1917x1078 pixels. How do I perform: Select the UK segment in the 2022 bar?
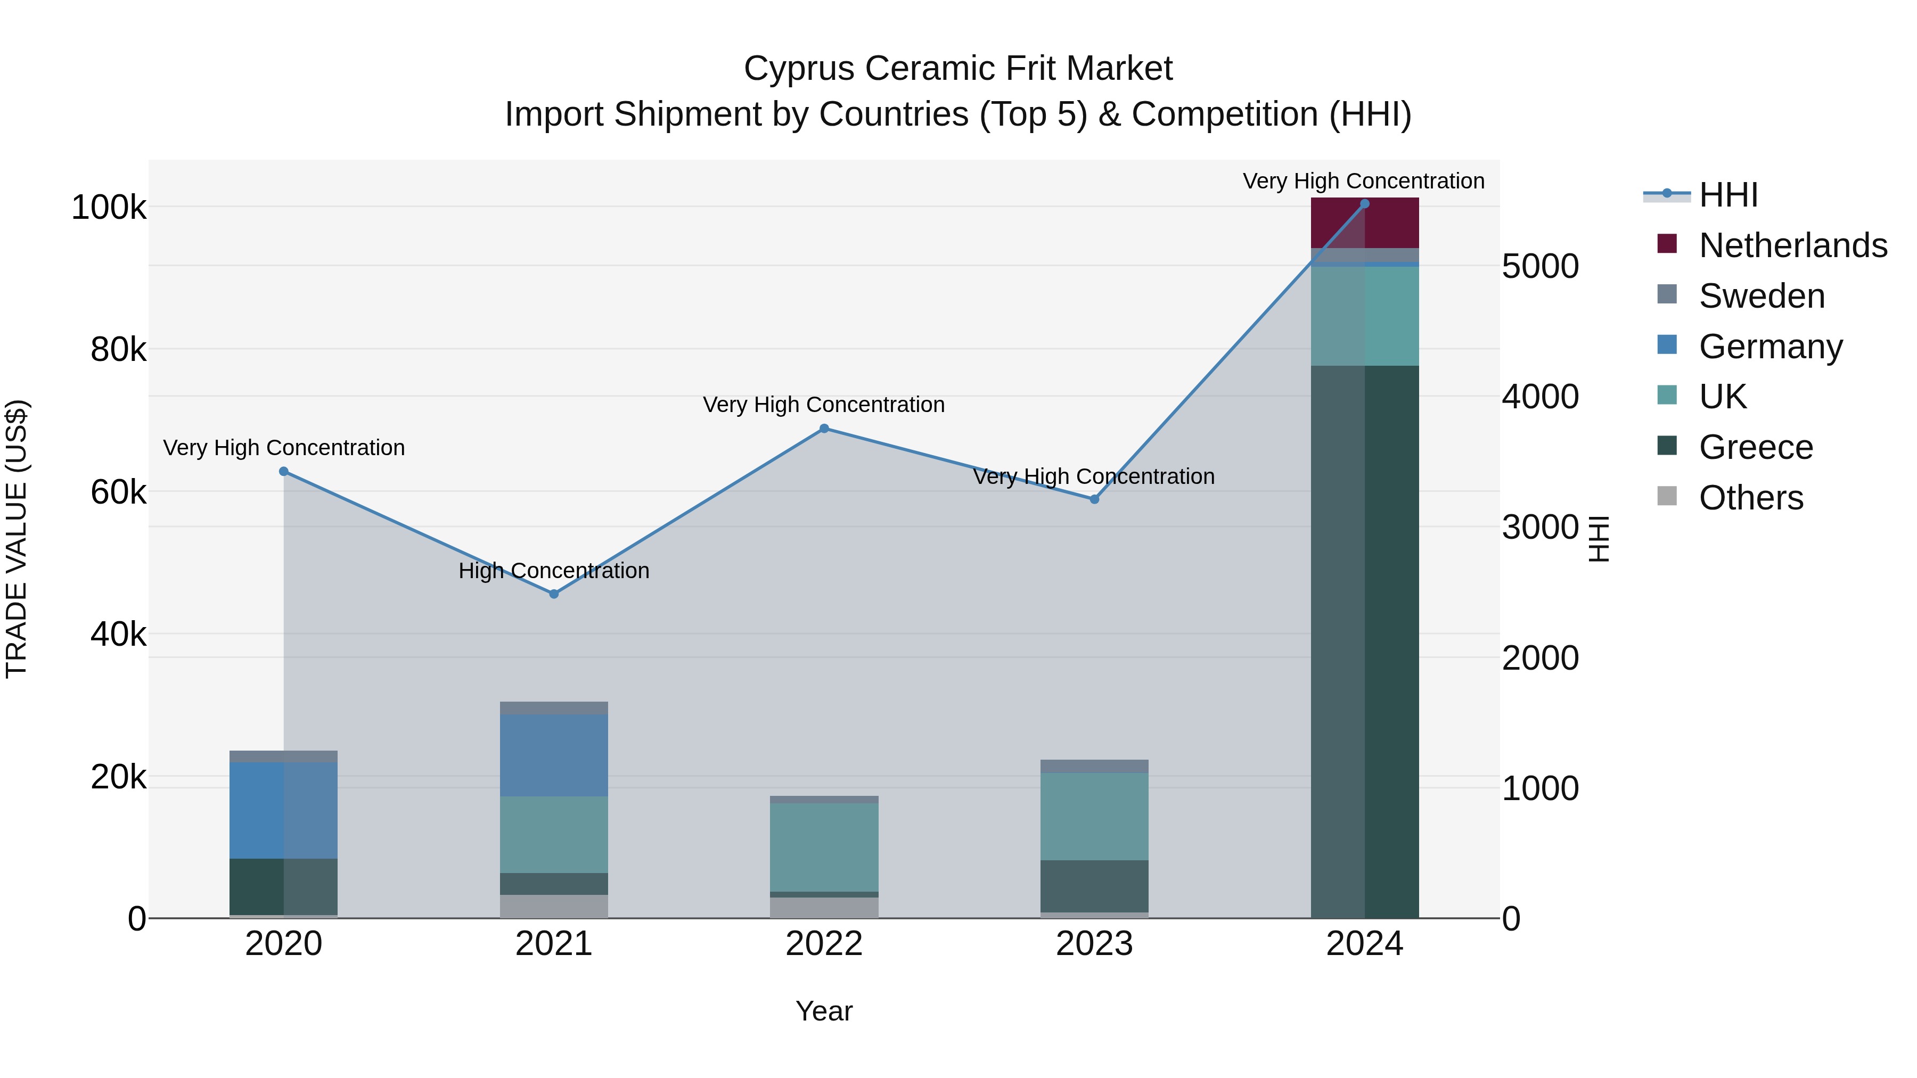824,846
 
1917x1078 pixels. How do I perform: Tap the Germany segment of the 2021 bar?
554,755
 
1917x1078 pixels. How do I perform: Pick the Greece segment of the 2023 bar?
1094,886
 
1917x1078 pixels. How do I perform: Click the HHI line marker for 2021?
554,594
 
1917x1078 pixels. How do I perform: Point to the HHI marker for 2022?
824,429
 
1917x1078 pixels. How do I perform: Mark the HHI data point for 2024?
1364,204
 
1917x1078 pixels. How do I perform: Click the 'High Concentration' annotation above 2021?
554,571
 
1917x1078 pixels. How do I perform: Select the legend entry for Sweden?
1762,296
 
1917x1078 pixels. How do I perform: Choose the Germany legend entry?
1771,347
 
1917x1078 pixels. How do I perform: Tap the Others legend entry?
1750,498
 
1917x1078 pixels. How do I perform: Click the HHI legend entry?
1728,195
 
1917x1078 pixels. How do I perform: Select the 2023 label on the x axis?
1094,944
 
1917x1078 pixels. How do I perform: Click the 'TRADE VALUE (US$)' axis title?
17,539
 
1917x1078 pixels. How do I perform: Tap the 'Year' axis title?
824,1011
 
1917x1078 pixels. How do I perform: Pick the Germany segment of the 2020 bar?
283,810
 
